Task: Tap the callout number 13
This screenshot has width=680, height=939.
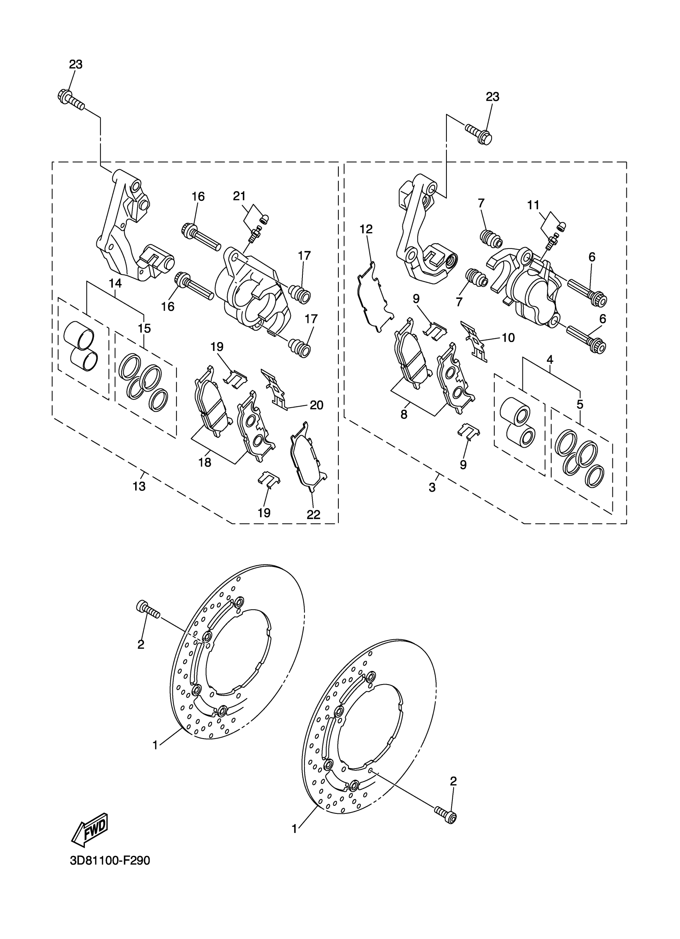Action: click(139, 487)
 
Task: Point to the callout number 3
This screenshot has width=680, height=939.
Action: click(432, 487)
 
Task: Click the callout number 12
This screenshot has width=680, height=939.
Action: click(366, 229)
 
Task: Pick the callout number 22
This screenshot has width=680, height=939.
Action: click(313, 514)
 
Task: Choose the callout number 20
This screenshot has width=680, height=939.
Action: click(316, 405)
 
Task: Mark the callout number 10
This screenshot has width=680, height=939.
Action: click(508, 338)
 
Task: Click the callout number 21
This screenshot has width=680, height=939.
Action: click(239, 196)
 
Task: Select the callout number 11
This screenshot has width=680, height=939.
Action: click(533, 204)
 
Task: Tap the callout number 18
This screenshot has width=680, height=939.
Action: click(205, 462)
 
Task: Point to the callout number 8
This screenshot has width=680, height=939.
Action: click(404, 414)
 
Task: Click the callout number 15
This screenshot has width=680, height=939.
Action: click(144, 328)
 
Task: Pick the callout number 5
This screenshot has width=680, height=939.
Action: click(580, 404)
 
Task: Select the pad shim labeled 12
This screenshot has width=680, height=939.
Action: click(374, 297)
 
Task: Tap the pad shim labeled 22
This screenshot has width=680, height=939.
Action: click(308, 455)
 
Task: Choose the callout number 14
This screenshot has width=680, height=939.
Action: click(116, 283)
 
